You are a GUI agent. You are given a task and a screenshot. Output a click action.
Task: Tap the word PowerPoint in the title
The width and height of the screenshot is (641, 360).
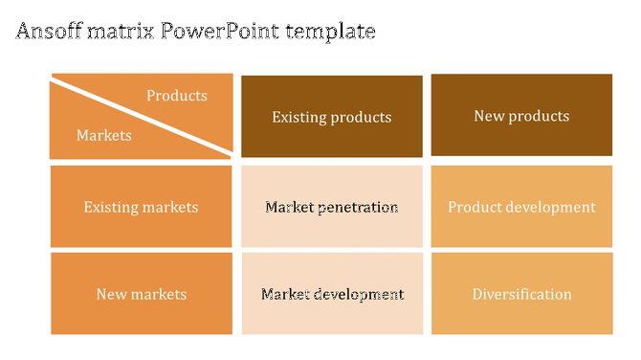(x=216, y=32)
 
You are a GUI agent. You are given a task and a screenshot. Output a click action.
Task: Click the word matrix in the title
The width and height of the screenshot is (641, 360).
(x=122, y=32)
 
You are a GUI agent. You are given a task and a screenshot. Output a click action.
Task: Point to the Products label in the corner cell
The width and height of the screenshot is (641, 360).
(x=176, y=96)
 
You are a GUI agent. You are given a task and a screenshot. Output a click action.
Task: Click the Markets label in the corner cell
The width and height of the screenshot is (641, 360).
(x=103, y=136)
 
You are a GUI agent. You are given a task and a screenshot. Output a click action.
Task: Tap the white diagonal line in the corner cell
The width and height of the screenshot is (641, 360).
(x=141, y=117)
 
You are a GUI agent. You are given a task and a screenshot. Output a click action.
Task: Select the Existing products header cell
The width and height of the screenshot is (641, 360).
(x=331, y=117)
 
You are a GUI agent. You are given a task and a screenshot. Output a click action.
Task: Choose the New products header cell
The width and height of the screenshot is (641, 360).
(x=521, y=116)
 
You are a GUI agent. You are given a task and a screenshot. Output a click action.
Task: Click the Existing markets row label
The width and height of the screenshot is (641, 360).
(x=141, y=207)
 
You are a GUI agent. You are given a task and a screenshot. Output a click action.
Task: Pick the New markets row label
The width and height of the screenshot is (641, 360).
(x=141, y=294)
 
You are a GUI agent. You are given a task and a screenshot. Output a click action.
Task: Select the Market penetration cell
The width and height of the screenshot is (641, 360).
(x=331, y=207)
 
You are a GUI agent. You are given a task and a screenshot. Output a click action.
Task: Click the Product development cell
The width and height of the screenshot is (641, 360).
(x=521, y=207)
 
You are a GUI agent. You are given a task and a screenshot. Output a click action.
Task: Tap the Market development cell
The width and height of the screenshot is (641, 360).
(x=331, y=294)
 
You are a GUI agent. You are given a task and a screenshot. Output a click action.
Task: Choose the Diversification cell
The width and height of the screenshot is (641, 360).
(x=521, y=294)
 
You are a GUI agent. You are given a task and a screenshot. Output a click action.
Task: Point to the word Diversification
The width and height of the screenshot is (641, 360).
(x=521, y=294)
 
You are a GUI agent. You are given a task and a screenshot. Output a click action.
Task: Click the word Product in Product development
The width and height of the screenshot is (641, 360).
(x=475, y=207)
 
